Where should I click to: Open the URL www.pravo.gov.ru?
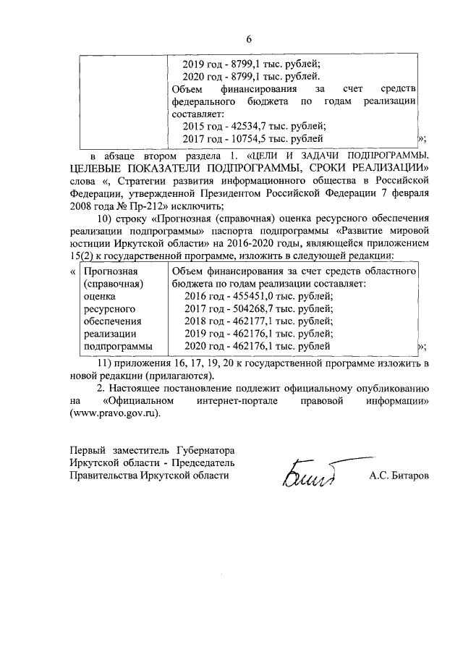tap(114, 414)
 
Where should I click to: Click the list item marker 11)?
tap(106, 363)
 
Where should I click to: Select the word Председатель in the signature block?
tap(204, 462)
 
